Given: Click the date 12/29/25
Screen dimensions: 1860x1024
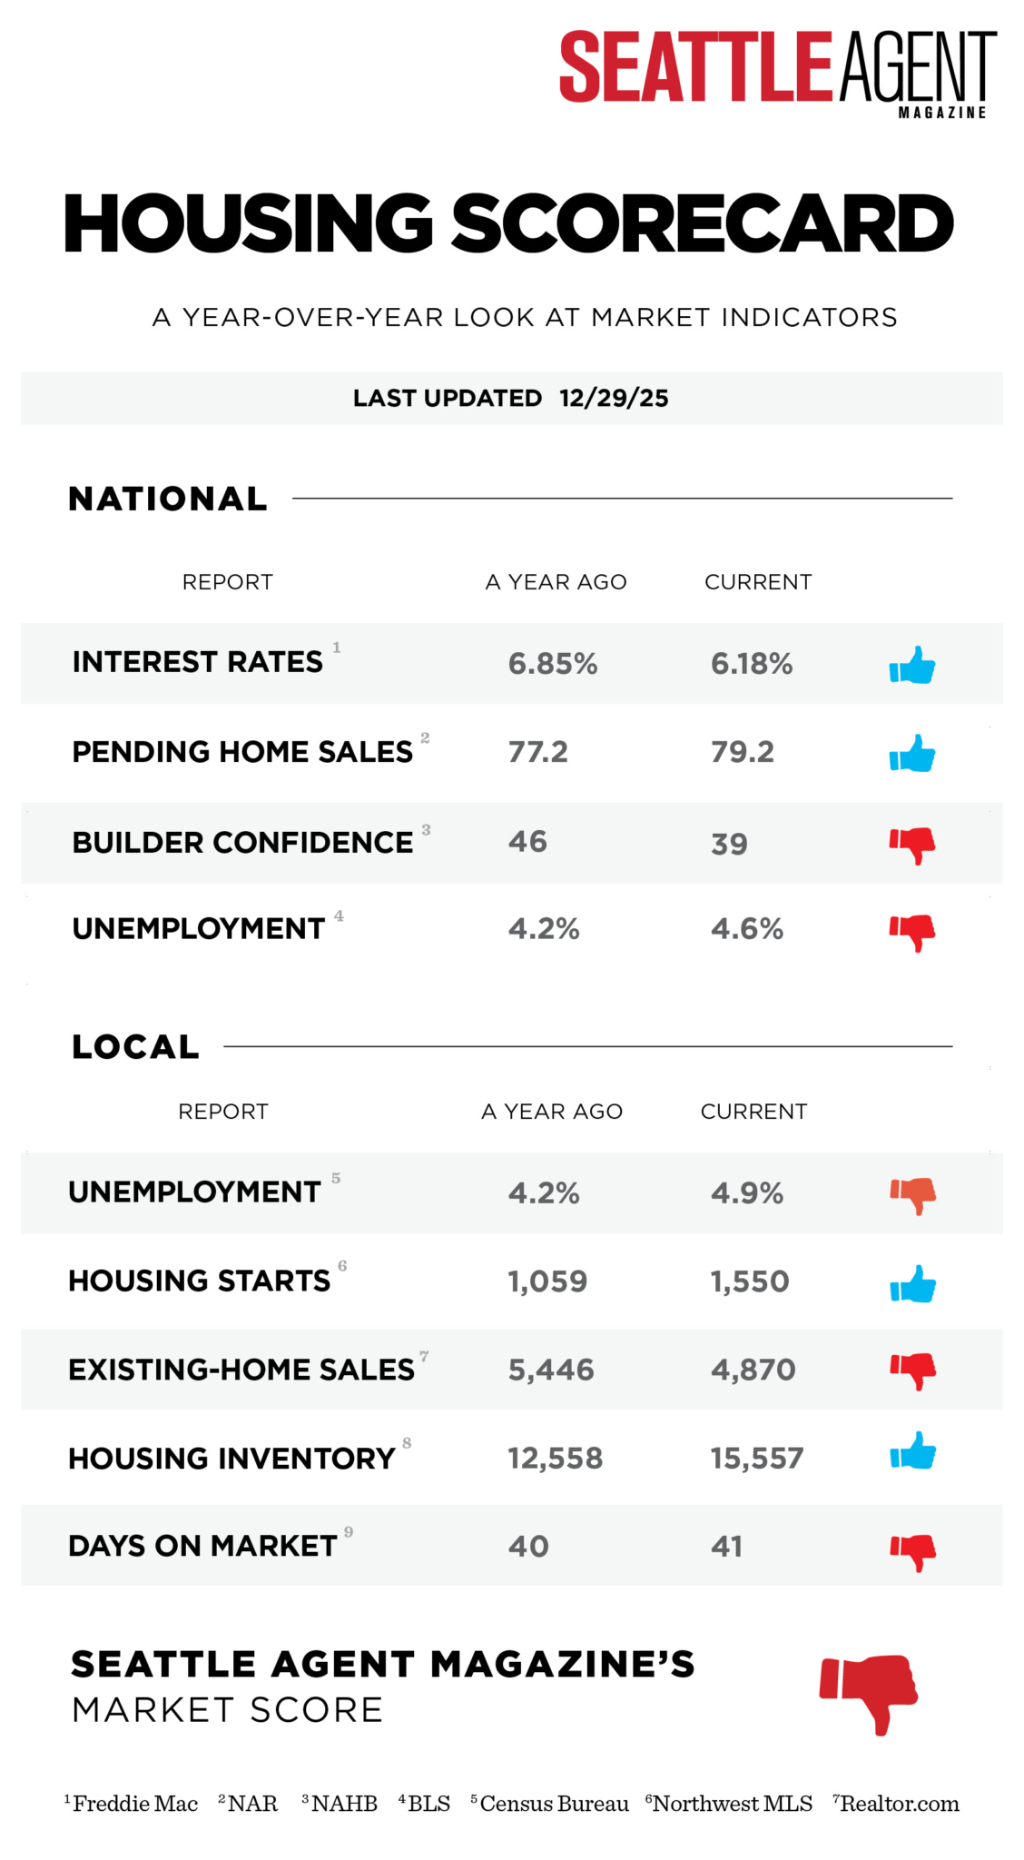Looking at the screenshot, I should pos(614,398).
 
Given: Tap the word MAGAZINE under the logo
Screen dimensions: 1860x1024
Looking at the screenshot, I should pos(941,113).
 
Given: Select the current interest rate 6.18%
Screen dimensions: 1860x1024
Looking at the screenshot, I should pos(752,664).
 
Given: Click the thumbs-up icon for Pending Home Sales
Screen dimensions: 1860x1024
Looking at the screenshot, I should pos(912,753).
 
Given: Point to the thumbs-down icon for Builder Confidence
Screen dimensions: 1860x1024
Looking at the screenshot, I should pos(912,844).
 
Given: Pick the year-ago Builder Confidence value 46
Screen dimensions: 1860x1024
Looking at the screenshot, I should pos(527,842).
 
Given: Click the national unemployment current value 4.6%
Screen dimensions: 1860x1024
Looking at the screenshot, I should pos(747,929).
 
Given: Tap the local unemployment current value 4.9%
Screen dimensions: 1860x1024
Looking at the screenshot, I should pos(747,1192).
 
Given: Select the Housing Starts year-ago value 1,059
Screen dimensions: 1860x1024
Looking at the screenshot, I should pos(547,1281).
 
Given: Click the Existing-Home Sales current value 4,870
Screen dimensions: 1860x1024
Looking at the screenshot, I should pos(753,1370).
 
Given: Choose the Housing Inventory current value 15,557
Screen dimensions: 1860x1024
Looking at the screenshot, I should pos(757,1459).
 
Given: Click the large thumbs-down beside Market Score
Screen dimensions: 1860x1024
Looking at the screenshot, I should pos(869,1692).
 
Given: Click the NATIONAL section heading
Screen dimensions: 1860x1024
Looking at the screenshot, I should pos(168,499).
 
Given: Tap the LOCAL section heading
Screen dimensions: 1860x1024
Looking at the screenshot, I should pos(135,1047).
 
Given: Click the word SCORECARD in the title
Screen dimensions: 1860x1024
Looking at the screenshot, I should pos(703,223).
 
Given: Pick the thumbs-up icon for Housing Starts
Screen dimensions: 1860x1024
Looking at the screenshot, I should pos(912,1283).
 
